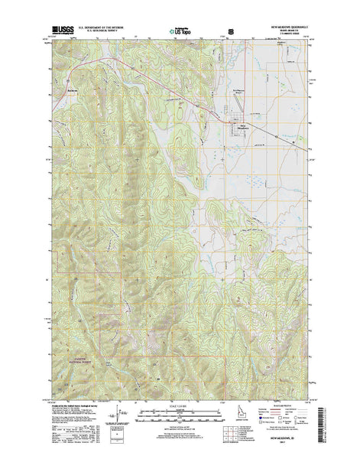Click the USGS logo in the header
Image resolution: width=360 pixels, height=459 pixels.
(x=60, y=31)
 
